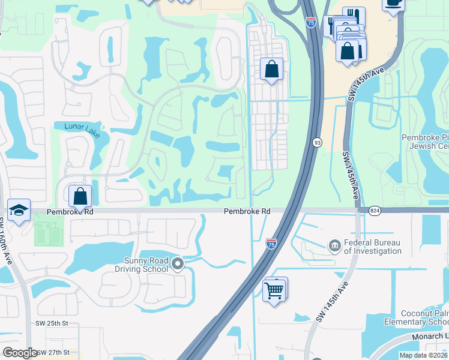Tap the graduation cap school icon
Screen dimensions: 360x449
(19, 211)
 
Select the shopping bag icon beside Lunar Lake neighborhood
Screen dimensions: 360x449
(80, 196)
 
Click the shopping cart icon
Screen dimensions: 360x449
(274, 290)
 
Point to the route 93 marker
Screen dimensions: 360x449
(316, 142)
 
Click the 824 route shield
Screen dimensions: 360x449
(375, 210)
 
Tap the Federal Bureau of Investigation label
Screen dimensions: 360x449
(373, 247)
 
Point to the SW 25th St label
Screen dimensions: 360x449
(52, 323)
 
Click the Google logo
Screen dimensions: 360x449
(19, 353)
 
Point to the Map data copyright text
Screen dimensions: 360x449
(424, 355)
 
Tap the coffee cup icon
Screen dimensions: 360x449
(393, 3)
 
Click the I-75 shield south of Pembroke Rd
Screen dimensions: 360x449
(271, 243)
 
